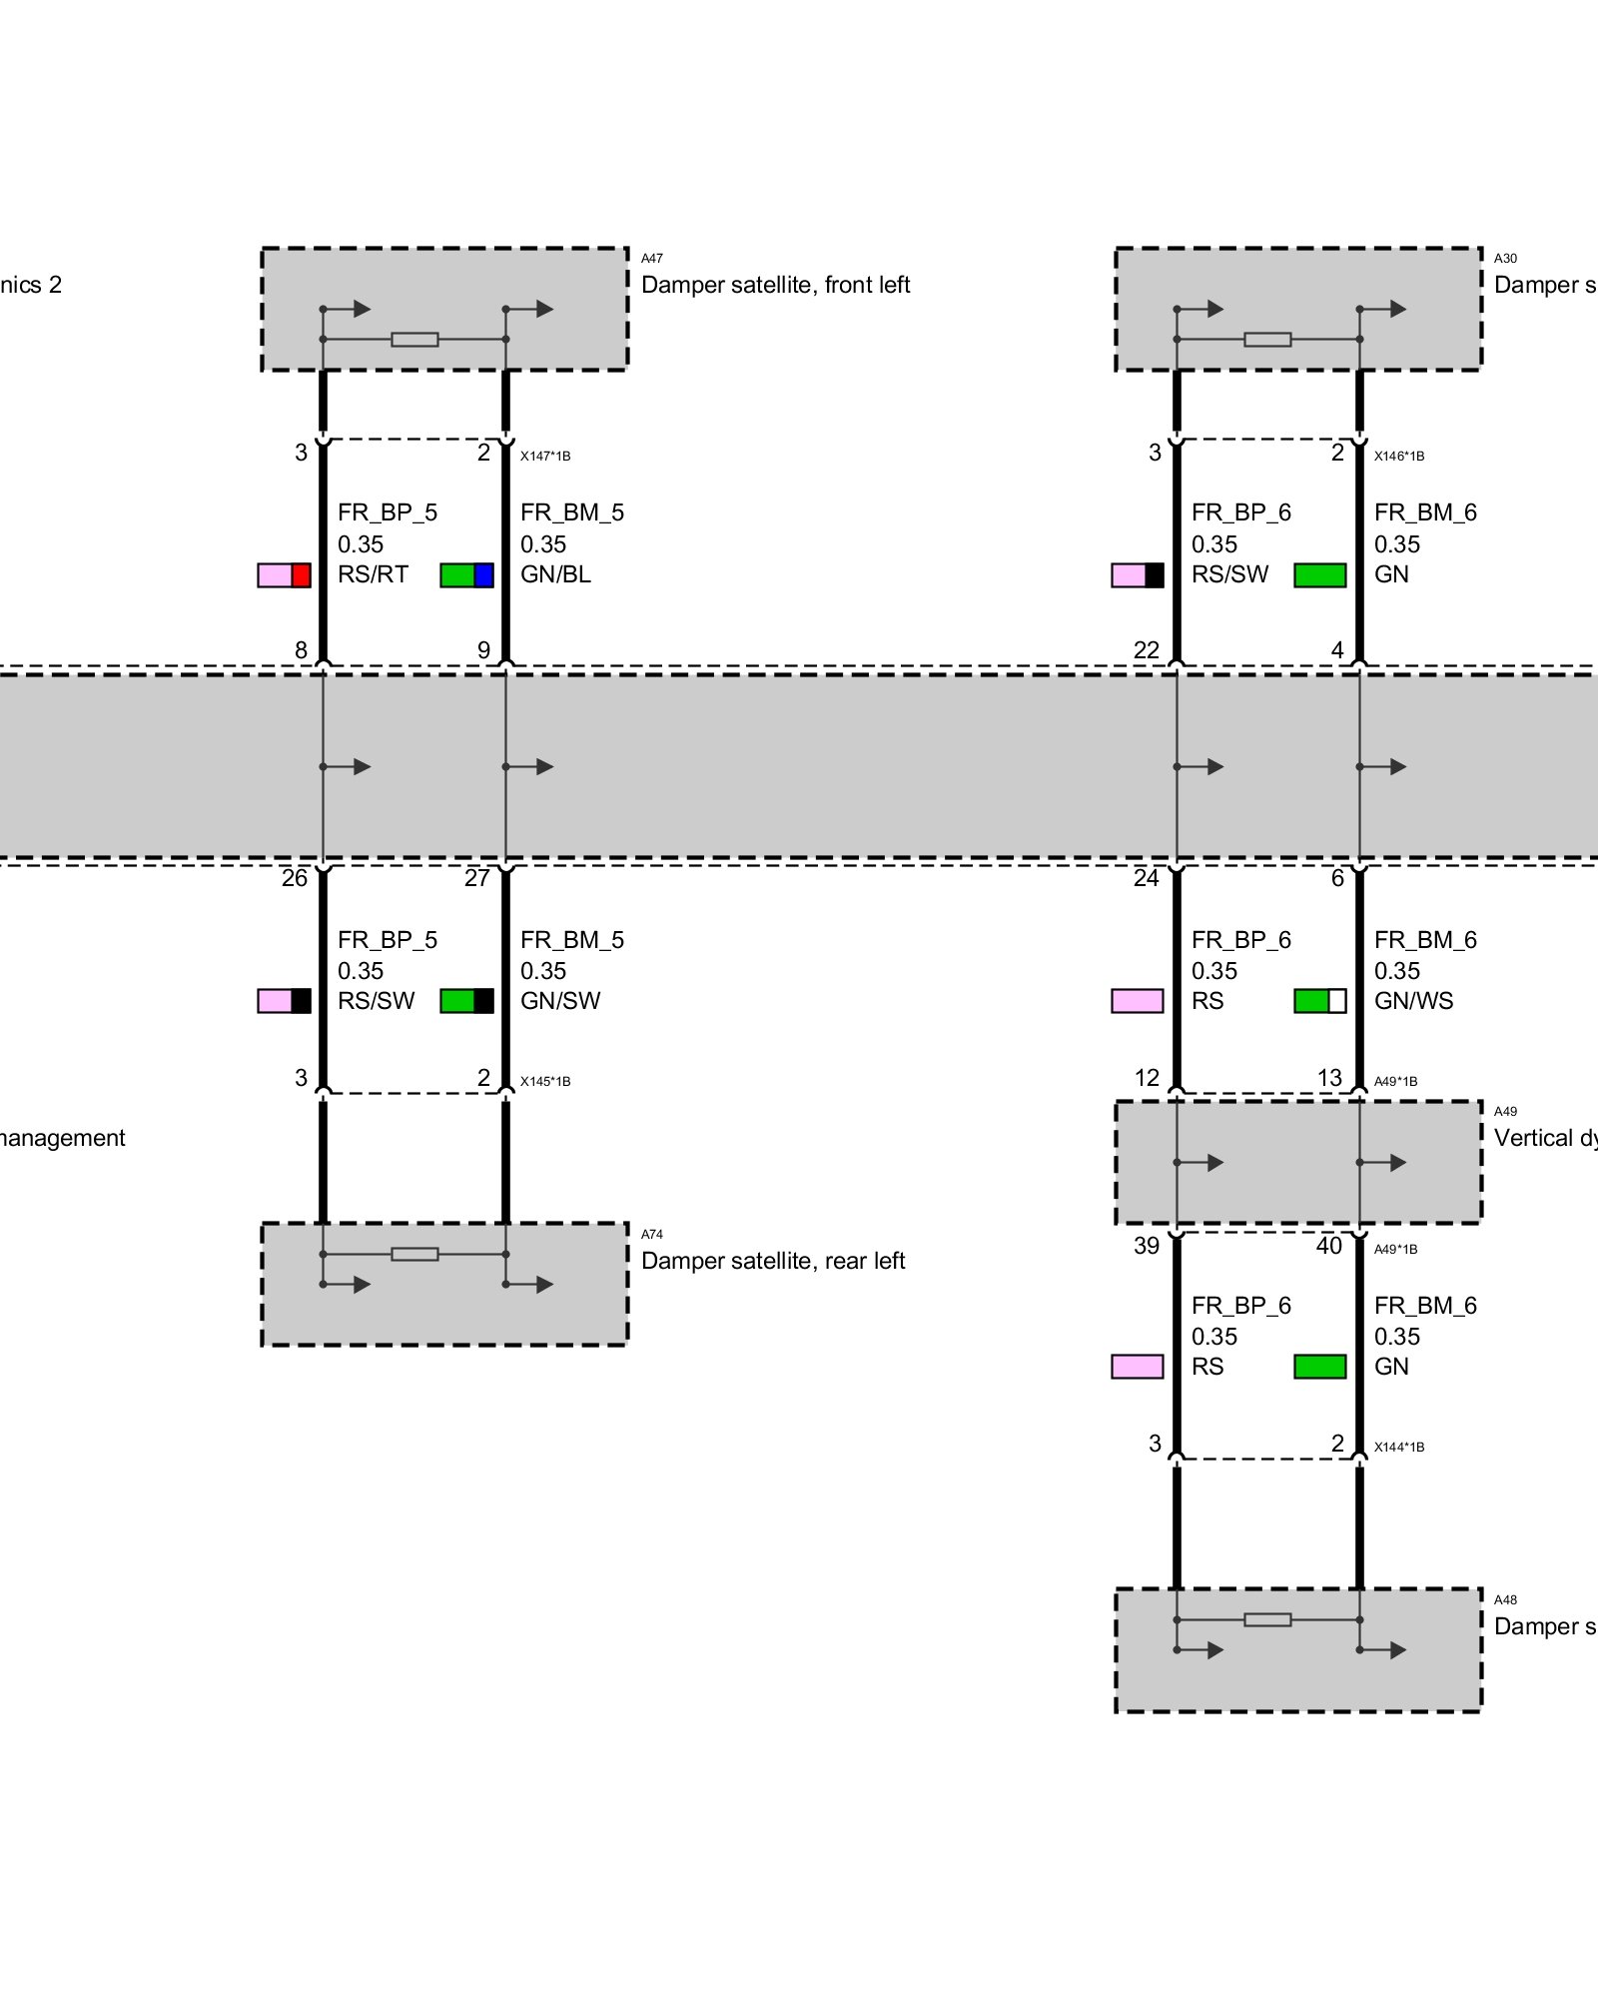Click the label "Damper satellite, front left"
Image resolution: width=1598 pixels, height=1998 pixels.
775,286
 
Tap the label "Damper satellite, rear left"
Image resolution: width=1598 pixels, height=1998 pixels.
773,1261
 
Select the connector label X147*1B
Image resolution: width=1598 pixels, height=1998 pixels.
545,457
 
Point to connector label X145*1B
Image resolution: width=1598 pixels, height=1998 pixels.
545,1082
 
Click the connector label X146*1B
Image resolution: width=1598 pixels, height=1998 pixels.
1399,457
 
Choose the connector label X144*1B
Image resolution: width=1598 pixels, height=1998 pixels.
1399,1448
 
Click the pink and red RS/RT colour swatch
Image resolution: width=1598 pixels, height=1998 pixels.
285,575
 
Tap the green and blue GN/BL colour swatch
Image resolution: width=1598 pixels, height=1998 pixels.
467,575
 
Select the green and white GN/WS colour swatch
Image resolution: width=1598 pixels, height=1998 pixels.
1320,1001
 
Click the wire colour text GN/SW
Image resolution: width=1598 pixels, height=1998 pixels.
560,1001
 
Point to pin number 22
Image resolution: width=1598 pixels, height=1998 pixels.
1147,651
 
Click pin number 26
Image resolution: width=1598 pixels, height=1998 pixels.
295,878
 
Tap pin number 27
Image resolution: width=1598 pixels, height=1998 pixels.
477,878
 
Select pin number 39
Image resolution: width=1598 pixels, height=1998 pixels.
1147,1246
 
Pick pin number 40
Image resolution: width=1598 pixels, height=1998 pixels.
1329,1246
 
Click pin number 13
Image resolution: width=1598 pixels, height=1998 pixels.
1329,1079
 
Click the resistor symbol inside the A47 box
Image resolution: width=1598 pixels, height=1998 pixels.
414,340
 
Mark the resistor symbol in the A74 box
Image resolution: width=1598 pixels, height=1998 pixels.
414,1254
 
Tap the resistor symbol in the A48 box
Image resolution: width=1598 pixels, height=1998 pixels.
1267,1619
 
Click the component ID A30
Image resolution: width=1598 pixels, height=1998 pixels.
1505,259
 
